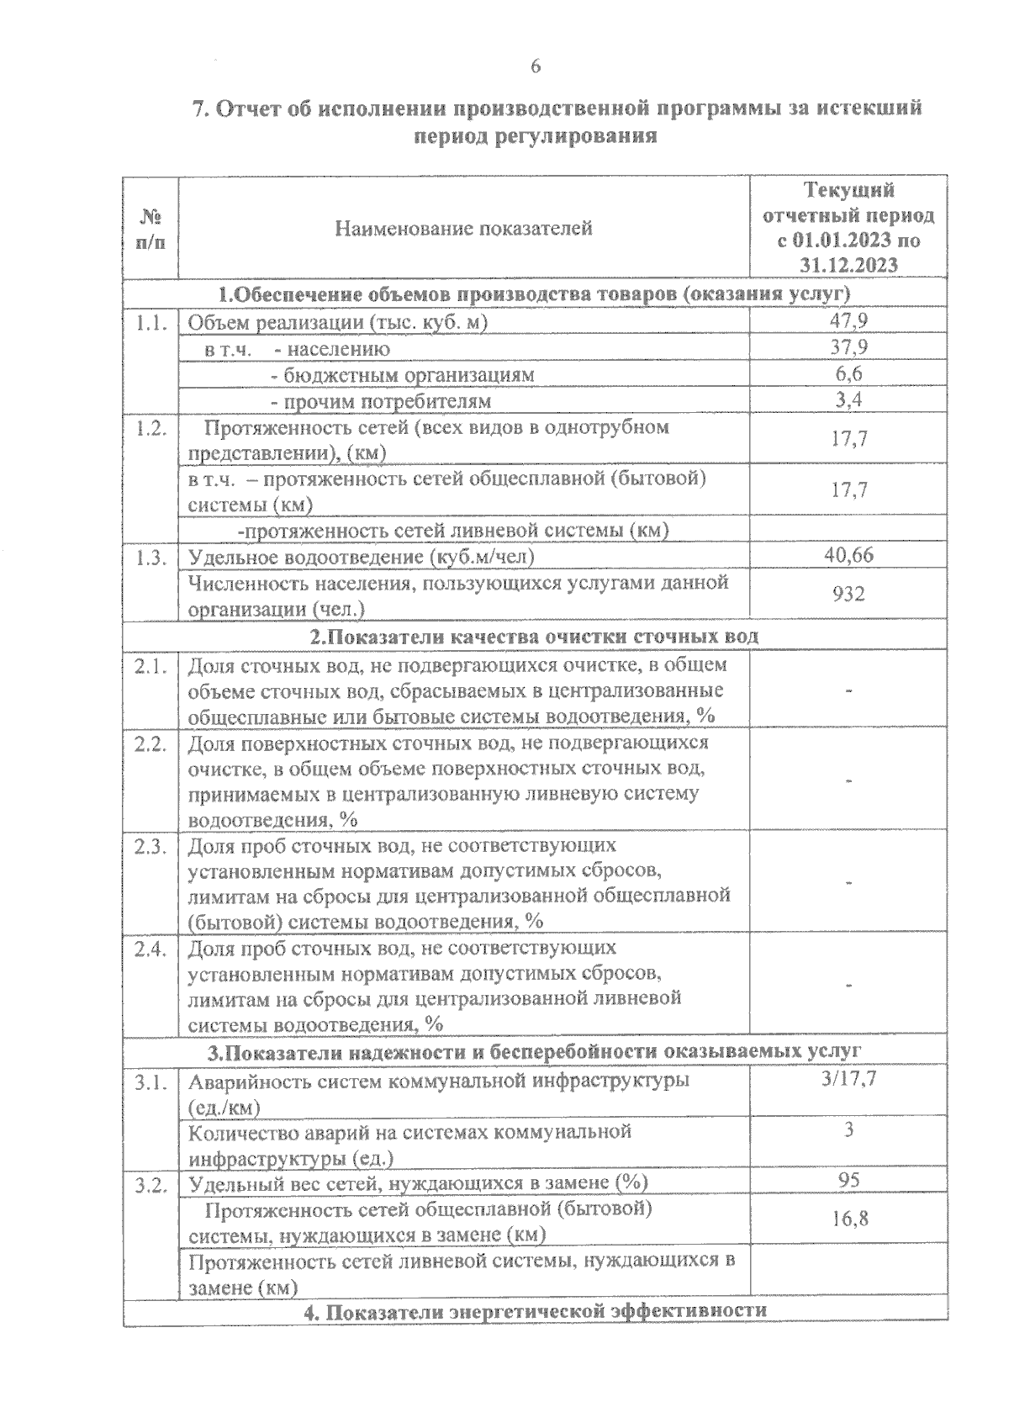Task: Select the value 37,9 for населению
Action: coord(849,346)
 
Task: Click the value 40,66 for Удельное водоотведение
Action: coord(849,555)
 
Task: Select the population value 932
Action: coord(849,595)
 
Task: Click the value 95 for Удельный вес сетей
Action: coord(849,1180)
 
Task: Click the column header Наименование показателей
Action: coord(463,228)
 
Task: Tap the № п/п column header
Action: coord(151,228)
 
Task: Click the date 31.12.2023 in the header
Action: coord(848,265)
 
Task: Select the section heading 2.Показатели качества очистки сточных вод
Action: coord(534,636)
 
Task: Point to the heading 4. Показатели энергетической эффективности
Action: coord(535,1310)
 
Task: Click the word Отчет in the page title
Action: coord(252,108)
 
